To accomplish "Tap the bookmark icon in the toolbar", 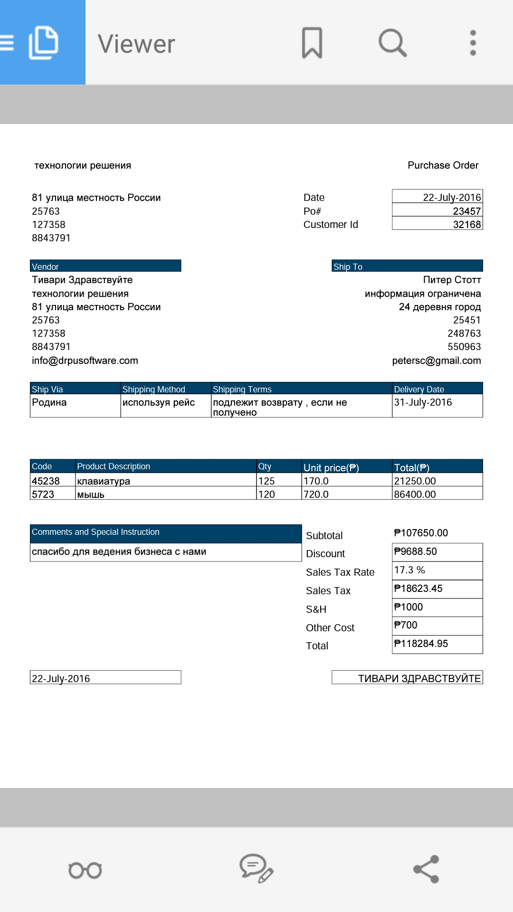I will tap(312, 43).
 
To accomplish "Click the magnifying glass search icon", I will tap(392, 43).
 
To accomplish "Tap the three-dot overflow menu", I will tap(473, 43).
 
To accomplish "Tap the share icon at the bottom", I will tap(426, 869).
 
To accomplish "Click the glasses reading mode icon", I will tap(85, 870).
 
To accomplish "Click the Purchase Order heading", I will tap(443, 165).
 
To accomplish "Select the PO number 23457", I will tap(466, 211).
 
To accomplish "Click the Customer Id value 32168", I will tap(466, 224).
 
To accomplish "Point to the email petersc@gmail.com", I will tap(436, 361).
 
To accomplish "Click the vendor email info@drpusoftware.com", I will tap(85, 361).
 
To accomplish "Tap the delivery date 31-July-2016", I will tap(423, 402).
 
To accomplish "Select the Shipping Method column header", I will tap(154, 389).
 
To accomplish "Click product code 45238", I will tap(46, 481).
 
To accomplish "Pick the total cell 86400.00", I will tap(415, 494).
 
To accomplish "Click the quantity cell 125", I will tap(266, 481).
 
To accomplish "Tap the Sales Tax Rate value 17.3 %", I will tap(409, 570).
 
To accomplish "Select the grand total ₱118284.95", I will tap(421, 644).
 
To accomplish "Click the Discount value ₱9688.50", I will tap(415, 551).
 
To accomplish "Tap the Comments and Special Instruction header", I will tap(95, 532).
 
